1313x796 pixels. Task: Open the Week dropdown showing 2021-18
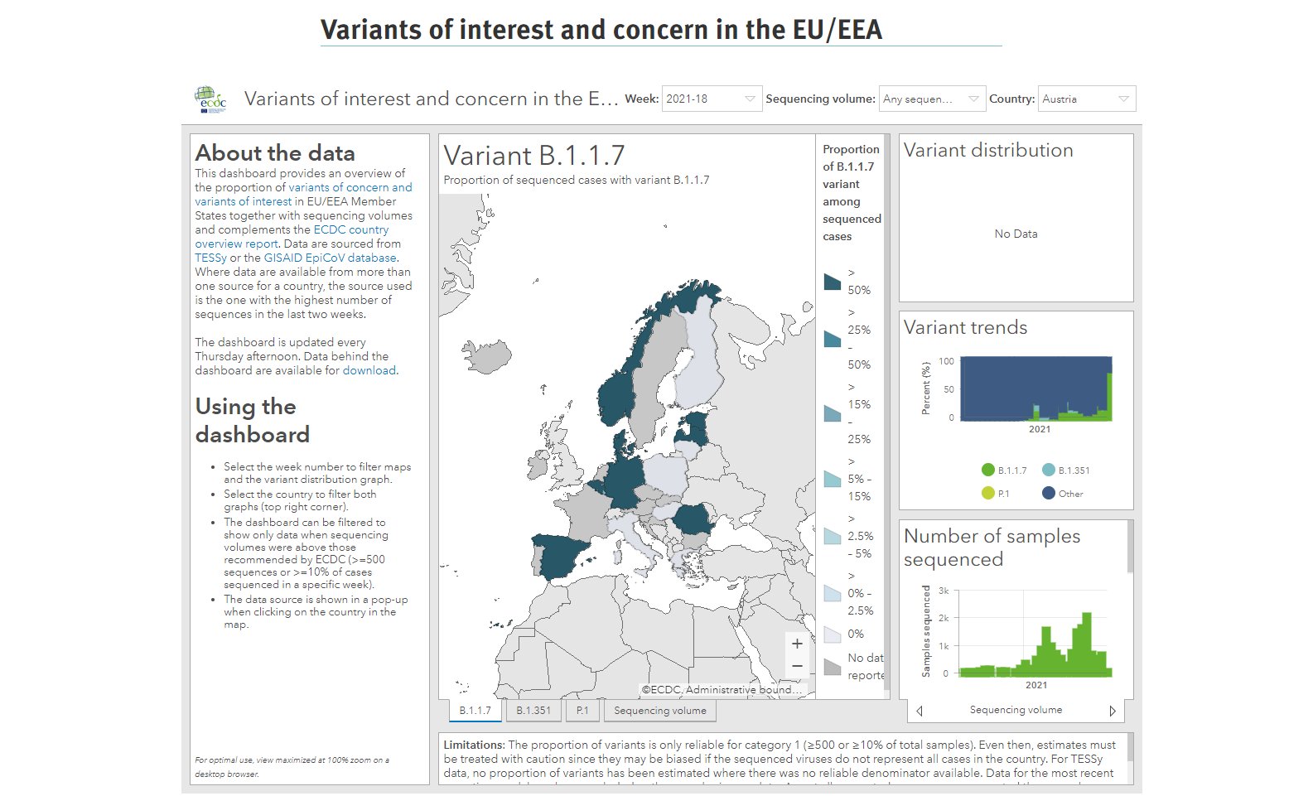pos(711,99)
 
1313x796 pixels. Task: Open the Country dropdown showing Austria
pos(1088,99)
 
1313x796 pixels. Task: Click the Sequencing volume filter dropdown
pos(932,99)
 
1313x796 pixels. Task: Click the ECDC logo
pos(210,99)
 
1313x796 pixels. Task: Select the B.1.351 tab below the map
pos(533,711)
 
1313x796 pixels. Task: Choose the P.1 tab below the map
pos(582,711)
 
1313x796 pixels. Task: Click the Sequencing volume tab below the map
pos(659,711)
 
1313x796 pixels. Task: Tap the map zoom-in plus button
pos(797,644)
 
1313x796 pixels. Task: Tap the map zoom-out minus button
pos(797,666)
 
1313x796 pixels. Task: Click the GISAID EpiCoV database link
pos(330,258)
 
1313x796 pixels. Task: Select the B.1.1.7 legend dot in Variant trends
pos(987,470)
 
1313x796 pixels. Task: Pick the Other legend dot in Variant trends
pos(1049,494)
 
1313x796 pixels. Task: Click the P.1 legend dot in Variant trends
pos(987,494)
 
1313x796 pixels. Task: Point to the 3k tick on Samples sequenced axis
pos(944,591)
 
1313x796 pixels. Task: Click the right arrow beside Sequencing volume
pos(1113,711)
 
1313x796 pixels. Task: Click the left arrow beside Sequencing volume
pos(920,711)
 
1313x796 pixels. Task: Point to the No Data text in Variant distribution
pos(1016,234)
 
